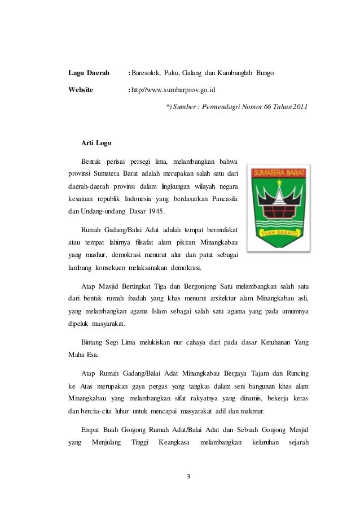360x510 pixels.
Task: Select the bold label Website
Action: click(81, 89)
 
